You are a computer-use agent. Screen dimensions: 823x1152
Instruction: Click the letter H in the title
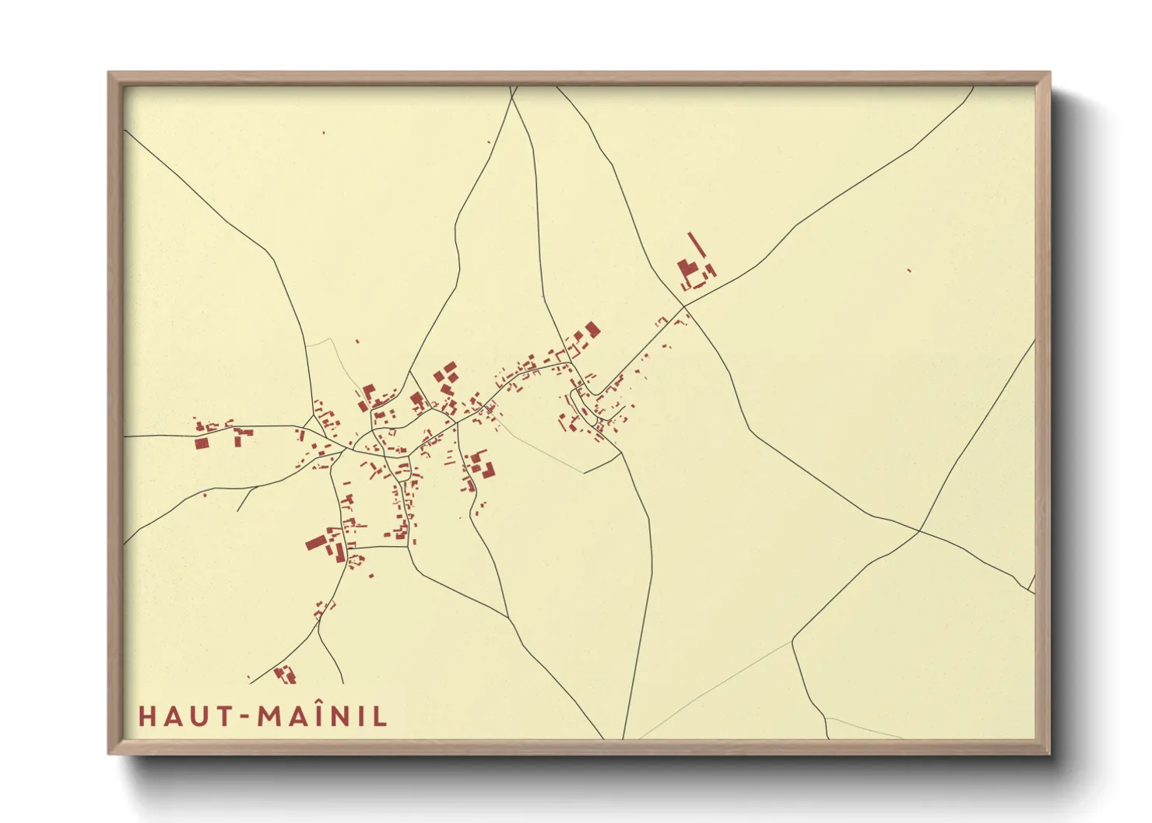146,716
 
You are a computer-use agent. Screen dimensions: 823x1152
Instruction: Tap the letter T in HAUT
221,716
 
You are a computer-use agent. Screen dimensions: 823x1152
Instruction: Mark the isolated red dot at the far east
908,270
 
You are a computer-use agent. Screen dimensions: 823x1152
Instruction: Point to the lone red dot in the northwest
324,133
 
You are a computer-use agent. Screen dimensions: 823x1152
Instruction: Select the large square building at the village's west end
202,443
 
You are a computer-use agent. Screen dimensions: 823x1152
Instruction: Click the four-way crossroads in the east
919,532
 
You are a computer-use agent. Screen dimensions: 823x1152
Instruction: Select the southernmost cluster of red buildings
286,673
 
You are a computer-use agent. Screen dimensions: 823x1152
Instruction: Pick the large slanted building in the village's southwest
315,541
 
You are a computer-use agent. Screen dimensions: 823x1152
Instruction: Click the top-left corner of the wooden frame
108,73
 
